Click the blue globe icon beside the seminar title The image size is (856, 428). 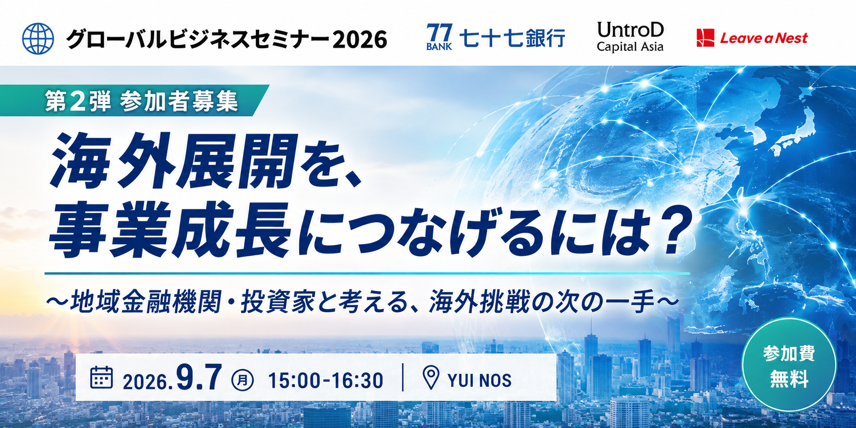tap(38, 39)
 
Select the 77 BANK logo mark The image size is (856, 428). tap(439, 37)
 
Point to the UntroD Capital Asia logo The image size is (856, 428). tap(630, 37)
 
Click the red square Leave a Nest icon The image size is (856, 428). tap(705, 38)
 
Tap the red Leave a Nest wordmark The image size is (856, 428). tap(764, 38)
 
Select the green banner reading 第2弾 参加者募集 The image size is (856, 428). tap(134, 100)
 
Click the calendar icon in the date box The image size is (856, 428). tap(101, 378)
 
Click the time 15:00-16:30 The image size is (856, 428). tap(326, 381)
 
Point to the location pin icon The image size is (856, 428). tap(431, 377)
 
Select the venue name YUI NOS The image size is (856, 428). tap(480, 381)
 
